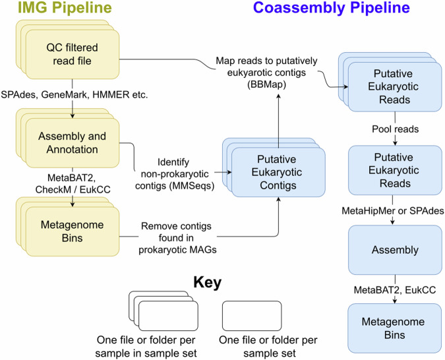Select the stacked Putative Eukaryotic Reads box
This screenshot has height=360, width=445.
(395, 82)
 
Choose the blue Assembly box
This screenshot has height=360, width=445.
(395, 251)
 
